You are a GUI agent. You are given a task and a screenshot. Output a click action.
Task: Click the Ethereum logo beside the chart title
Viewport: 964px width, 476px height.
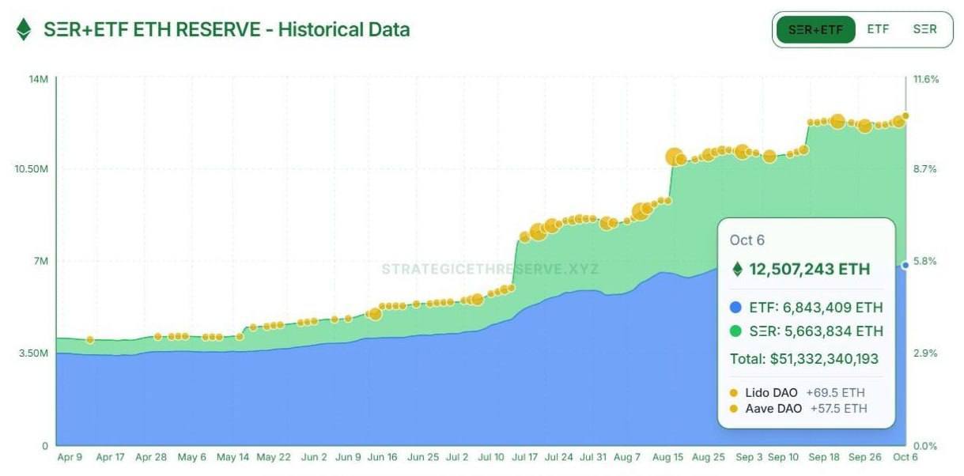24,30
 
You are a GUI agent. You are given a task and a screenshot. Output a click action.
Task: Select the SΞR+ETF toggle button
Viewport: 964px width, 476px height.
815,29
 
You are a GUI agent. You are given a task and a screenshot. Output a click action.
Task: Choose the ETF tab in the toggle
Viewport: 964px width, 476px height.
878,29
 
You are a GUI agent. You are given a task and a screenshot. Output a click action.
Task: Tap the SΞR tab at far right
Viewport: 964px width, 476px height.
924,29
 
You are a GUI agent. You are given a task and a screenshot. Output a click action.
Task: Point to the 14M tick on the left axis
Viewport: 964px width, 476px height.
39,79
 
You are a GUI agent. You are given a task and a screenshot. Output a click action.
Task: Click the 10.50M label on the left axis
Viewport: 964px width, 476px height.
32,169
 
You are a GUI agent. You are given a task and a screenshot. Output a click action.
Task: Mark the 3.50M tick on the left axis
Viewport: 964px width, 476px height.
34,353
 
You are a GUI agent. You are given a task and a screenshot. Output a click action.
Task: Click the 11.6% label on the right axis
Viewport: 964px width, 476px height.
926,79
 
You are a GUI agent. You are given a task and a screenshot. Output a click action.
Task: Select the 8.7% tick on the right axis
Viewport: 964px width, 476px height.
925,169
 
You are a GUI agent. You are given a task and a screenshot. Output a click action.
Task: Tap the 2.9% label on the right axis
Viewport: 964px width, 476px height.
925,353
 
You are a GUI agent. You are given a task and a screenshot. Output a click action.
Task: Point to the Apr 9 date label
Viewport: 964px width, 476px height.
70,457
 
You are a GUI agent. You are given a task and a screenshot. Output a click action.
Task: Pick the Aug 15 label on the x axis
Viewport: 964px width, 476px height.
668,457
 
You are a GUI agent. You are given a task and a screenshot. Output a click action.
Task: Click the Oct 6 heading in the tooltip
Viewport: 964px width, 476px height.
747,240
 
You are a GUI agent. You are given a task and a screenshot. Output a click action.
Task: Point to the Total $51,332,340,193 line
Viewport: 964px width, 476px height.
803,359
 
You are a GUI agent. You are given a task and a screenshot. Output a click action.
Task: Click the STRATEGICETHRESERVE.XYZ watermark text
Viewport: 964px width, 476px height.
490,270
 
